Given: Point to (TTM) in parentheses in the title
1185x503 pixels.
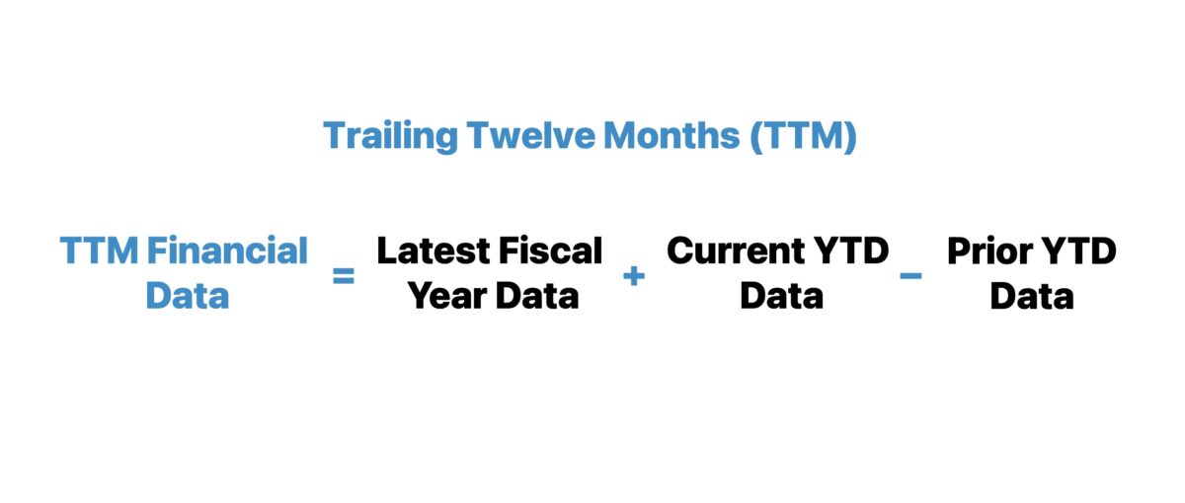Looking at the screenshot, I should tap(802, 136).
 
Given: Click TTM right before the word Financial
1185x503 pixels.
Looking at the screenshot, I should tap(99, 251).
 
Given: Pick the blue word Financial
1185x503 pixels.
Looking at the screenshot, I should tap(228, 251).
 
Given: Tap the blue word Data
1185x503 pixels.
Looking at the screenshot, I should tap(187, 295).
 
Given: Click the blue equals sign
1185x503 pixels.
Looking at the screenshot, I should tap(343, 276).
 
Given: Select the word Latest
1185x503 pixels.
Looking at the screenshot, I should tap(432, 251).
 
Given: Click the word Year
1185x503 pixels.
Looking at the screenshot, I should tap(444, 295).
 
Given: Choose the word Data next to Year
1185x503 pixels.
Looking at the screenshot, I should tap(537, 295).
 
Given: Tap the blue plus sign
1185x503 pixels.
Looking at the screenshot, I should tap(634, 276).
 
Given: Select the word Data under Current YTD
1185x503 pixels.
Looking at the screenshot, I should tap(781, 295).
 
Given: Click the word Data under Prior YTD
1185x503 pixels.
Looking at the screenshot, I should tap(1031, 295).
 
